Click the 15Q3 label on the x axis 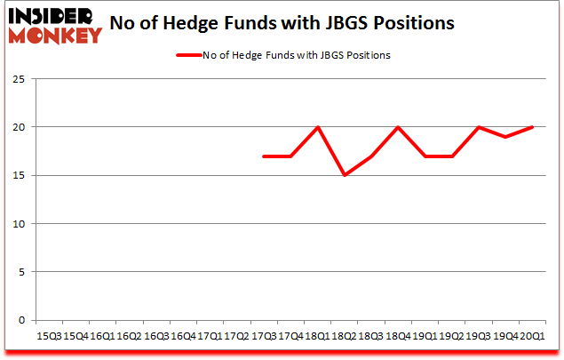pos(48,337)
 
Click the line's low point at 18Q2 pos(345,175)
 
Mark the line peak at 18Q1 pos(318,127)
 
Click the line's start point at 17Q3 pos(264,156)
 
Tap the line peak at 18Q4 pos(399,127)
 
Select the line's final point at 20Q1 pos(534,127)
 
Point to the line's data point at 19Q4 pos(506,137)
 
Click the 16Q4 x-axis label pos(183,337)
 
